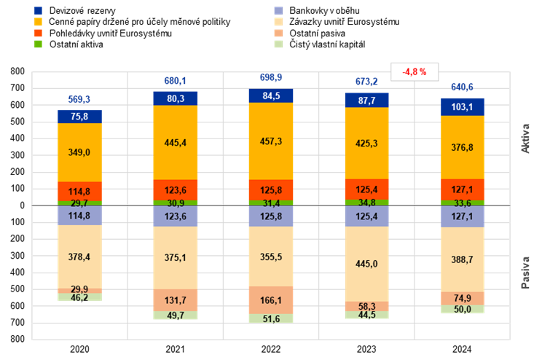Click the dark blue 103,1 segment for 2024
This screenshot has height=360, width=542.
click(x=462, y=107)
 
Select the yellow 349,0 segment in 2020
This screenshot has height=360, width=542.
click(x=79, y=152)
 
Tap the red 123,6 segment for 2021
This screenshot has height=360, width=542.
click(x=176, y=190)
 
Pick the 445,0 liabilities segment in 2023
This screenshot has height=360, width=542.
click(x=366, y=264)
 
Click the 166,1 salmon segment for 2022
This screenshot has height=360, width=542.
click(x=271, y=300)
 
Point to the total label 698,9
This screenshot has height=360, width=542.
click(x=271, y=77)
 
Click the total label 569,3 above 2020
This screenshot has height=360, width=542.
click(x=79, y=100)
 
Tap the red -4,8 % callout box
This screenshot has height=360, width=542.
click(x=415, y=72)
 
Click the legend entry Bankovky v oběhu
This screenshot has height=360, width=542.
click(x=317, y=11)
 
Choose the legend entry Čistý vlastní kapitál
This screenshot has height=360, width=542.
click(x=320, y=44)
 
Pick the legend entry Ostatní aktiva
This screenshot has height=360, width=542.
click(x=68, y=44)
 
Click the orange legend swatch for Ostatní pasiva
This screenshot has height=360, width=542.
click(x=278, y=34)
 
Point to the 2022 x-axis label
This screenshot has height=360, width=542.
click(x=271, y=349)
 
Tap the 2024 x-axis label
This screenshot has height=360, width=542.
click(x=462, y=349)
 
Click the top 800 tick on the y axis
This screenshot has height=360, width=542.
click(x=17, y=71)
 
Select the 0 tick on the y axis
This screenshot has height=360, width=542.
click(x=23, y=206)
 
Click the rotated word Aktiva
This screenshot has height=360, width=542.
click(x=525, y=138)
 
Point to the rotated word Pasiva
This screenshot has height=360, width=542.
click(x=525, y=273)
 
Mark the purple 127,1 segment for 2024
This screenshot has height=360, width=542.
click(x=462, y=216)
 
